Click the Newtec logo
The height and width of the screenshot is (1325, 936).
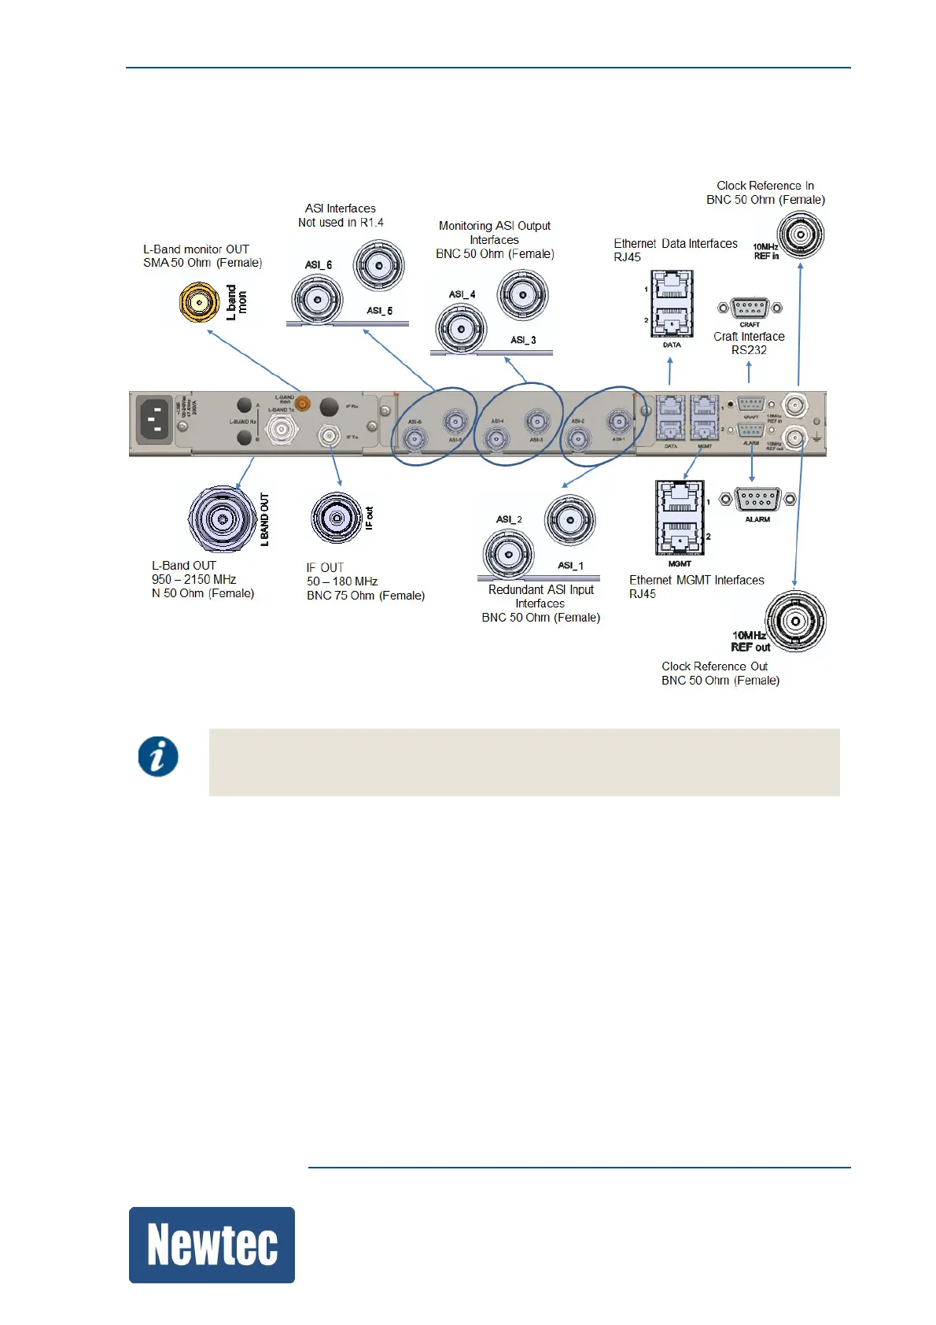point(212,1245)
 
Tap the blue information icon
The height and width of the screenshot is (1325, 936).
point(158,757)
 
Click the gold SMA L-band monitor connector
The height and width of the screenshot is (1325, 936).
point(199,303)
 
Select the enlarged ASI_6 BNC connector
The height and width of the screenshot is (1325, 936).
point(317,300)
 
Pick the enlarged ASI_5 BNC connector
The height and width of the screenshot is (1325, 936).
point(379,266)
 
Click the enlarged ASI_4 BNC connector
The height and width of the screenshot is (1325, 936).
point(461,329)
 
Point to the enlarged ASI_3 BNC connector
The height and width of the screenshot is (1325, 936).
point(522,295)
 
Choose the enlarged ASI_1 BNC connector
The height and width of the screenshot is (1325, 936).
point(570,520)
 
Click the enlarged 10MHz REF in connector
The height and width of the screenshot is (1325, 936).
point(801,235)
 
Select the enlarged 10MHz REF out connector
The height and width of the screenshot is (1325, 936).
point(796,622)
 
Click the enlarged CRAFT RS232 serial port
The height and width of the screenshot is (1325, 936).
point(750,308)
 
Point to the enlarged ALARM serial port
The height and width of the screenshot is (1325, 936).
point(757,500)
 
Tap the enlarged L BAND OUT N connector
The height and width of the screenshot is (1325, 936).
point(223,519)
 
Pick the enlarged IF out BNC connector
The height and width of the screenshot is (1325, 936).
point(337,518)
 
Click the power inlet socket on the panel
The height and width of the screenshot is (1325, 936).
point(155,419)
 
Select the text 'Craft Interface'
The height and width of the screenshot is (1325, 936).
point(749,337)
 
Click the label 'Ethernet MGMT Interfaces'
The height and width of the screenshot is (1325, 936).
point(696,581)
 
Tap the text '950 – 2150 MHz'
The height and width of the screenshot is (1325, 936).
point(193,580)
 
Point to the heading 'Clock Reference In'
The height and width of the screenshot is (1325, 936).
point(765,186)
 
